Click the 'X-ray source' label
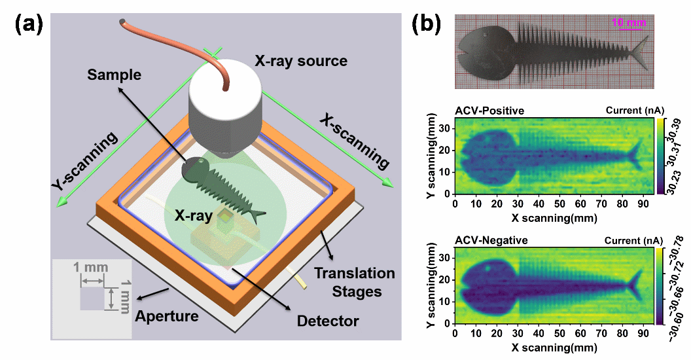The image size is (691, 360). coord(300,62)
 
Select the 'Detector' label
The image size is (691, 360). coord(328,321)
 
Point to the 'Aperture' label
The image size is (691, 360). coord(166,317)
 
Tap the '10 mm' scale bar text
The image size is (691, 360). coord(629,23)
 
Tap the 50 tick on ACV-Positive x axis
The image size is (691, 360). coord(554,203)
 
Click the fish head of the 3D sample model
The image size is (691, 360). coord(192,170)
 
